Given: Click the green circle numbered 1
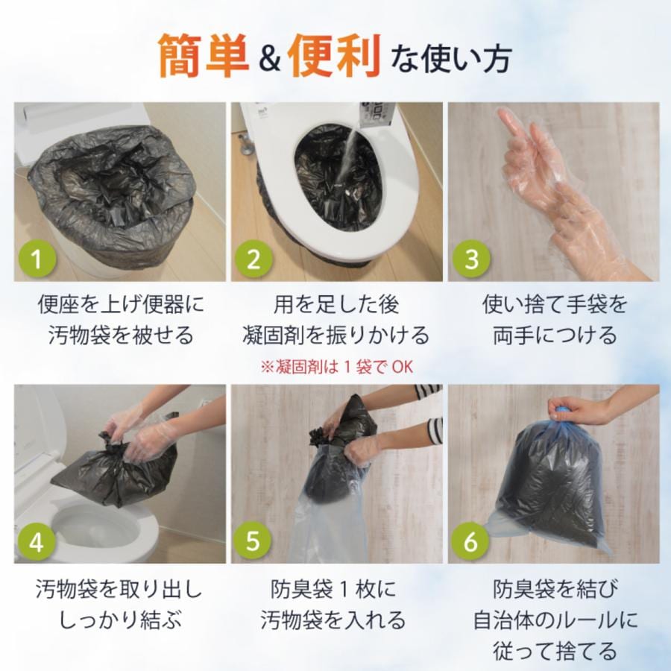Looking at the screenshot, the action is point(37,258).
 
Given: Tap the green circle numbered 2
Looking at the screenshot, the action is point(253,258).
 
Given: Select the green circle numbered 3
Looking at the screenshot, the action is point(470,258).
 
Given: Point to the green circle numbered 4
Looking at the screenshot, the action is point(37,541).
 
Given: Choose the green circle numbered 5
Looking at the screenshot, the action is point(253,541).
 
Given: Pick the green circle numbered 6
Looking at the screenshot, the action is point(470,541).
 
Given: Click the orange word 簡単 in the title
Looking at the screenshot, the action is point(204,56).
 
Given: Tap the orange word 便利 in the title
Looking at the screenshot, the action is point(335,56).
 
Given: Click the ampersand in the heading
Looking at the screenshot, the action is point(269,60).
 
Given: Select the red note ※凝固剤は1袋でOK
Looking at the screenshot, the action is point(336,367).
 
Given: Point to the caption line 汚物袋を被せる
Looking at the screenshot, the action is point(121,335).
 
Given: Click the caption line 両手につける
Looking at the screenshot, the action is point(555,335).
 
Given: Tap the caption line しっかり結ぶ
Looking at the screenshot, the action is point(121,620).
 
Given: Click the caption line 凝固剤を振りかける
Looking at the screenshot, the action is point(336,335).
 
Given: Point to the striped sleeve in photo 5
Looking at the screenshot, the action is point(432,418).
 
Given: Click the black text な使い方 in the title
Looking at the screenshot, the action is point(451,60).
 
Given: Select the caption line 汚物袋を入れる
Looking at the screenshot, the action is point(333,620).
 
